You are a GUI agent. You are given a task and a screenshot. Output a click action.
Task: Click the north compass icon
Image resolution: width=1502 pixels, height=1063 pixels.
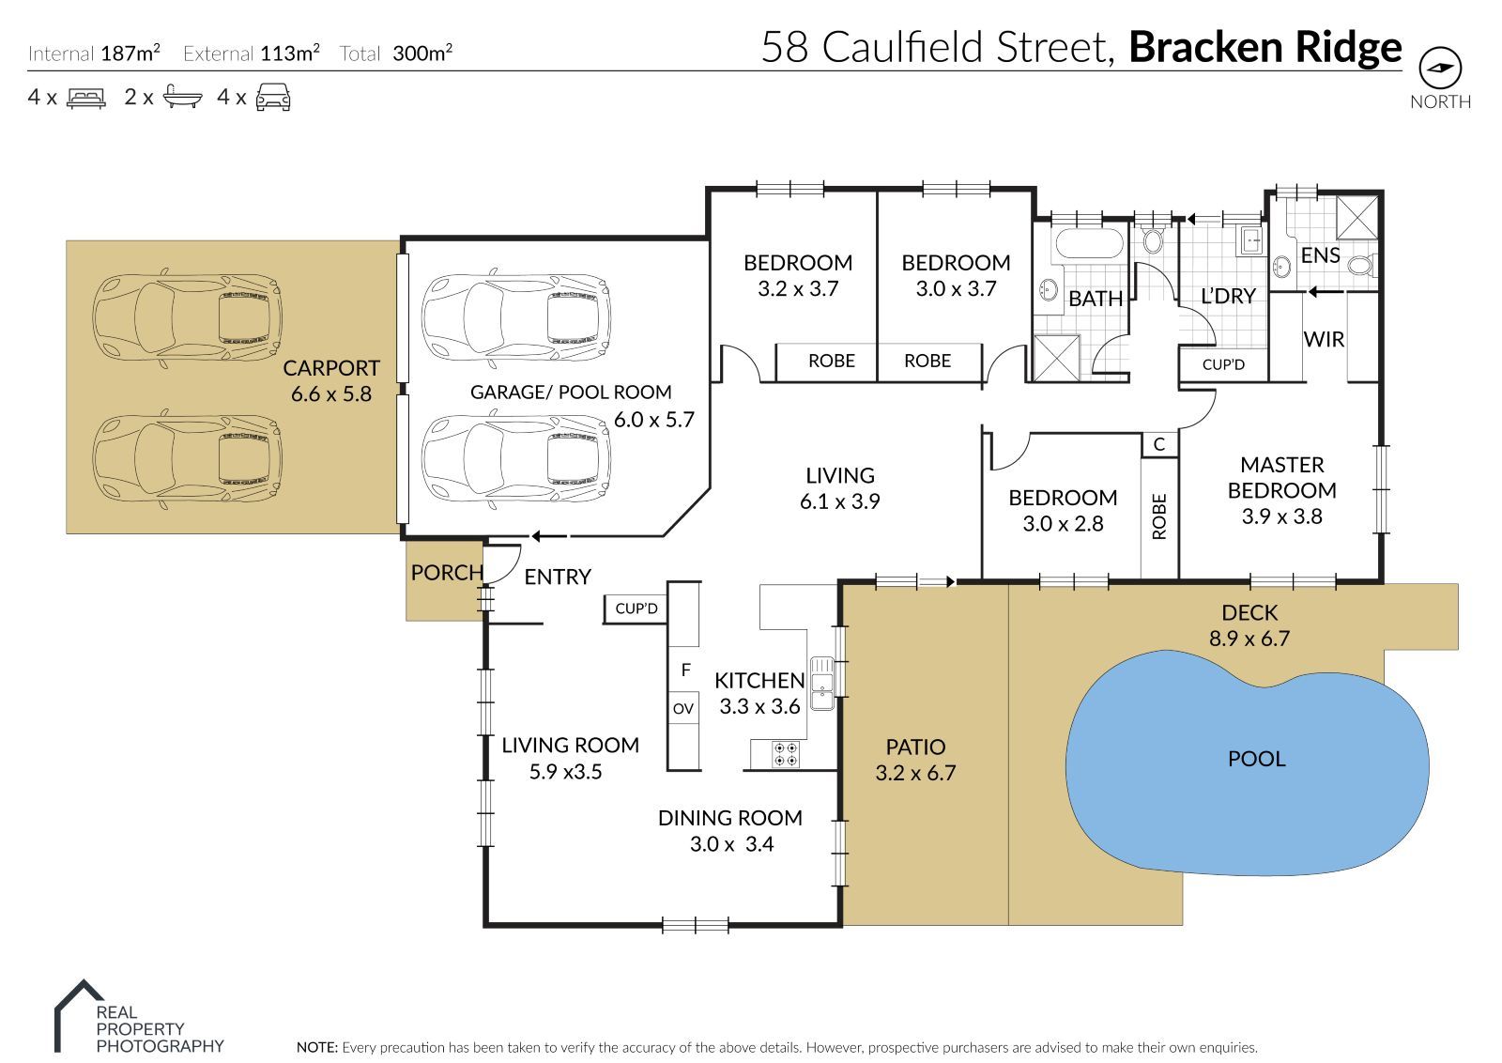tap(1440, 68)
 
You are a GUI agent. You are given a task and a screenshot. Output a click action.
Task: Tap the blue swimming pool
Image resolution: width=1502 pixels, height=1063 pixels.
tap(1249, 761)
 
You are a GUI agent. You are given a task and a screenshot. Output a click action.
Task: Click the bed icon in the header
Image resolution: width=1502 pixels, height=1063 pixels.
tap(86, 97)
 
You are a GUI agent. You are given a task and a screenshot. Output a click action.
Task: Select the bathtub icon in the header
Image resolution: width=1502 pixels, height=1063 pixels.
tap(182, 97)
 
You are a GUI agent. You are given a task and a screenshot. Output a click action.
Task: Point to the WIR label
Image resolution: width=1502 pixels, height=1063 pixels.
tap(1324, 339)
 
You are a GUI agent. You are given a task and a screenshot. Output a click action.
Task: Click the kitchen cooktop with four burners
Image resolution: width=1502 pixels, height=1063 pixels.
tap(785, 753)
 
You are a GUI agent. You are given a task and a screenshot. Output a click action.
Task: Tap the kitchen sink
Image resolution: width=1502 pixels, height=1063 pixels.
tap(821, 682)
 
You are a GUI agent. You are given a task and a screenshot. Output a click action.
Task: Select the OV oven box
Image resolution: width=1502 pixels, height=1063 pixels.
tap(683, 708)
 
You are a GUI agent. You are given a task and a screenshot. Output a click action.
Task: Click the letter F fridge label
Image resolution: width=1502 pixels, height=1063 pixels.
tap(685, 670)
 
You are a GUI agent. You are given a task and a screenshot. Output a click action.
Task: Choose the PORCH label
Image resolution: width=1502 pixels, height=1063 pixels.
tap(447, 572)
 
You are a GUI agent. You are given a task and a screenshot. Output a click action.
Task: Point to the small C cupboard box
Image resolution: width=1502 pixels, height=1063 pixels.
tap(1159, 444)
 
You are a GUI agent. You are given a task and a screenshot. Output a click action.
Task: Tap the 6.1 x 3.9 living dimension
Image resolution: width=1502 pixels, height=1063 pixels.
tap(839, 501)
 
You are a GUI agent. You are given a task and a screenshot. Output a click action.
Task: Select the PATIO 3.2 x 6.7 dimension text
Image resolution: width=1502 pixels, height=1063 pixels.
tap(915, 773)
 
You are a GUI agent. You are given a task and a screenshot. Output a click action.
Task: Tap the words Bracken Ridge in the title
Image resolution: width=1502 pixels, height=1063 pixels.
tap(1264, 47)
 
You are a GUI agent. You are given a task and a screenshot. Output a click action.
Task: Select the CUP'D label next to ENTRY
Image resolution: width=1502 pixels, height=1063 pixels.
tap(636, 609)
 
